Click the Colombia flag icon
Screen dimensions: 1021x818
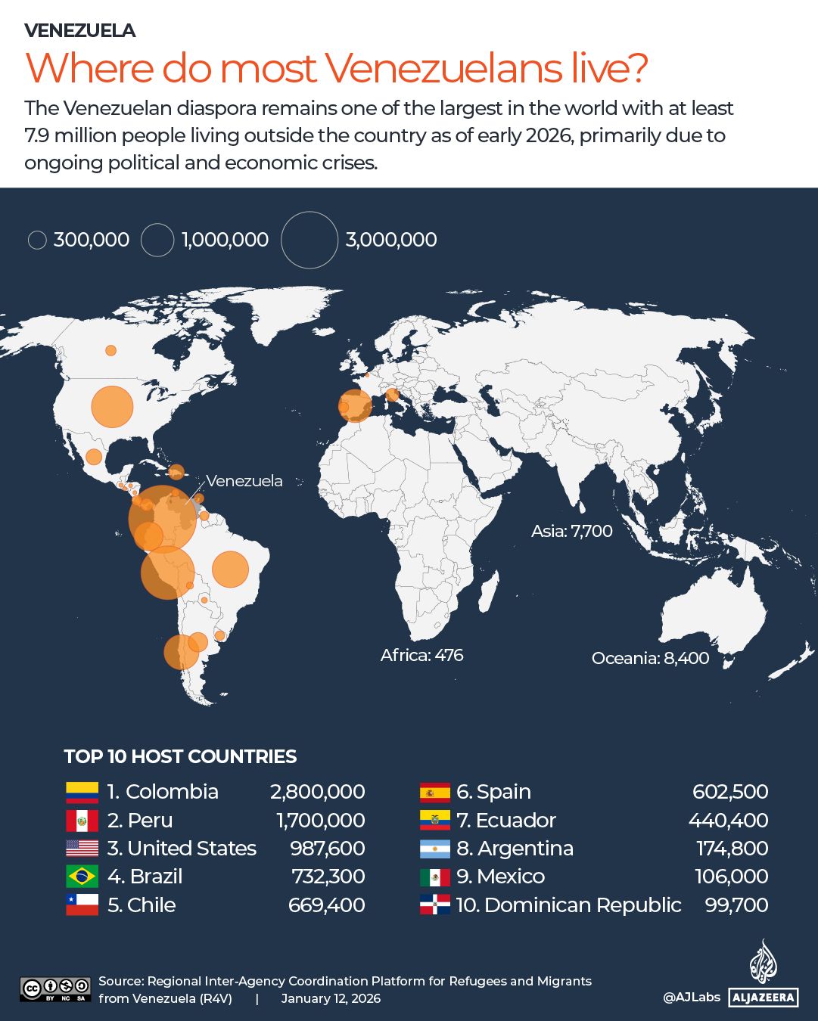point(82,792)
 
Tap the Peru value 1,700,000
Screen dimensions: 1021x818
point(320,821)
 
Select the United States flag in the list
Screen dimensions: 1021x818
point(82,849)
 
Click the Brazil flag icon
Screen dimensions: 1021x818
point(82,877)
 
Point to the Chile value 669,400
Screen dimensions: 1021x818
point(326,905)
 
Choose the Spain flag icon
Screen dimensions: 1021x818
point(435,793)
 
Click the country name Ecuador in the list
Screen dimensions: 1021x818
point(516,821)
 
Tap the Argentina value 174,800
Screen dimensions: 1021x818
point(732,849)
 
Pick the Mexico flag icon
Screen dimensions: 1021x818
point(435,877)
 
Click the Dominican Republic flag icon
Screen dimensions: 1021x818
point(435,905)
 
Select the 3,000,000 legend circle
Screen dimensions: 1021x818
point(309,240)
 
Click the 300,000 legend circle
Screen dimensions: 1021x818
point(37,241)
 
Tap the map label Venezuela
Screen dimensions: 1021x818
point(244,481)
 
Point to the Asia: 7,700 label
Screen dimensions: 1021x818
point(571,532)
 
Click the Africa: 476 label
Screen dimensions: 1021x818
point(421,656)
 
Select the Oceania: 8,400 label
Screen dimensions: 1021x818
point(650,659)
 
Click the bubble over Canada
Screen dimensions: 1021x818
point(111,350)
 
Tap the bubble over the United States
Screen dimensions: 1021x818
point(112,407)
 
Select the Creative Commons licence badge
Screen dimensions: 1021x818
point(55,989)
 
